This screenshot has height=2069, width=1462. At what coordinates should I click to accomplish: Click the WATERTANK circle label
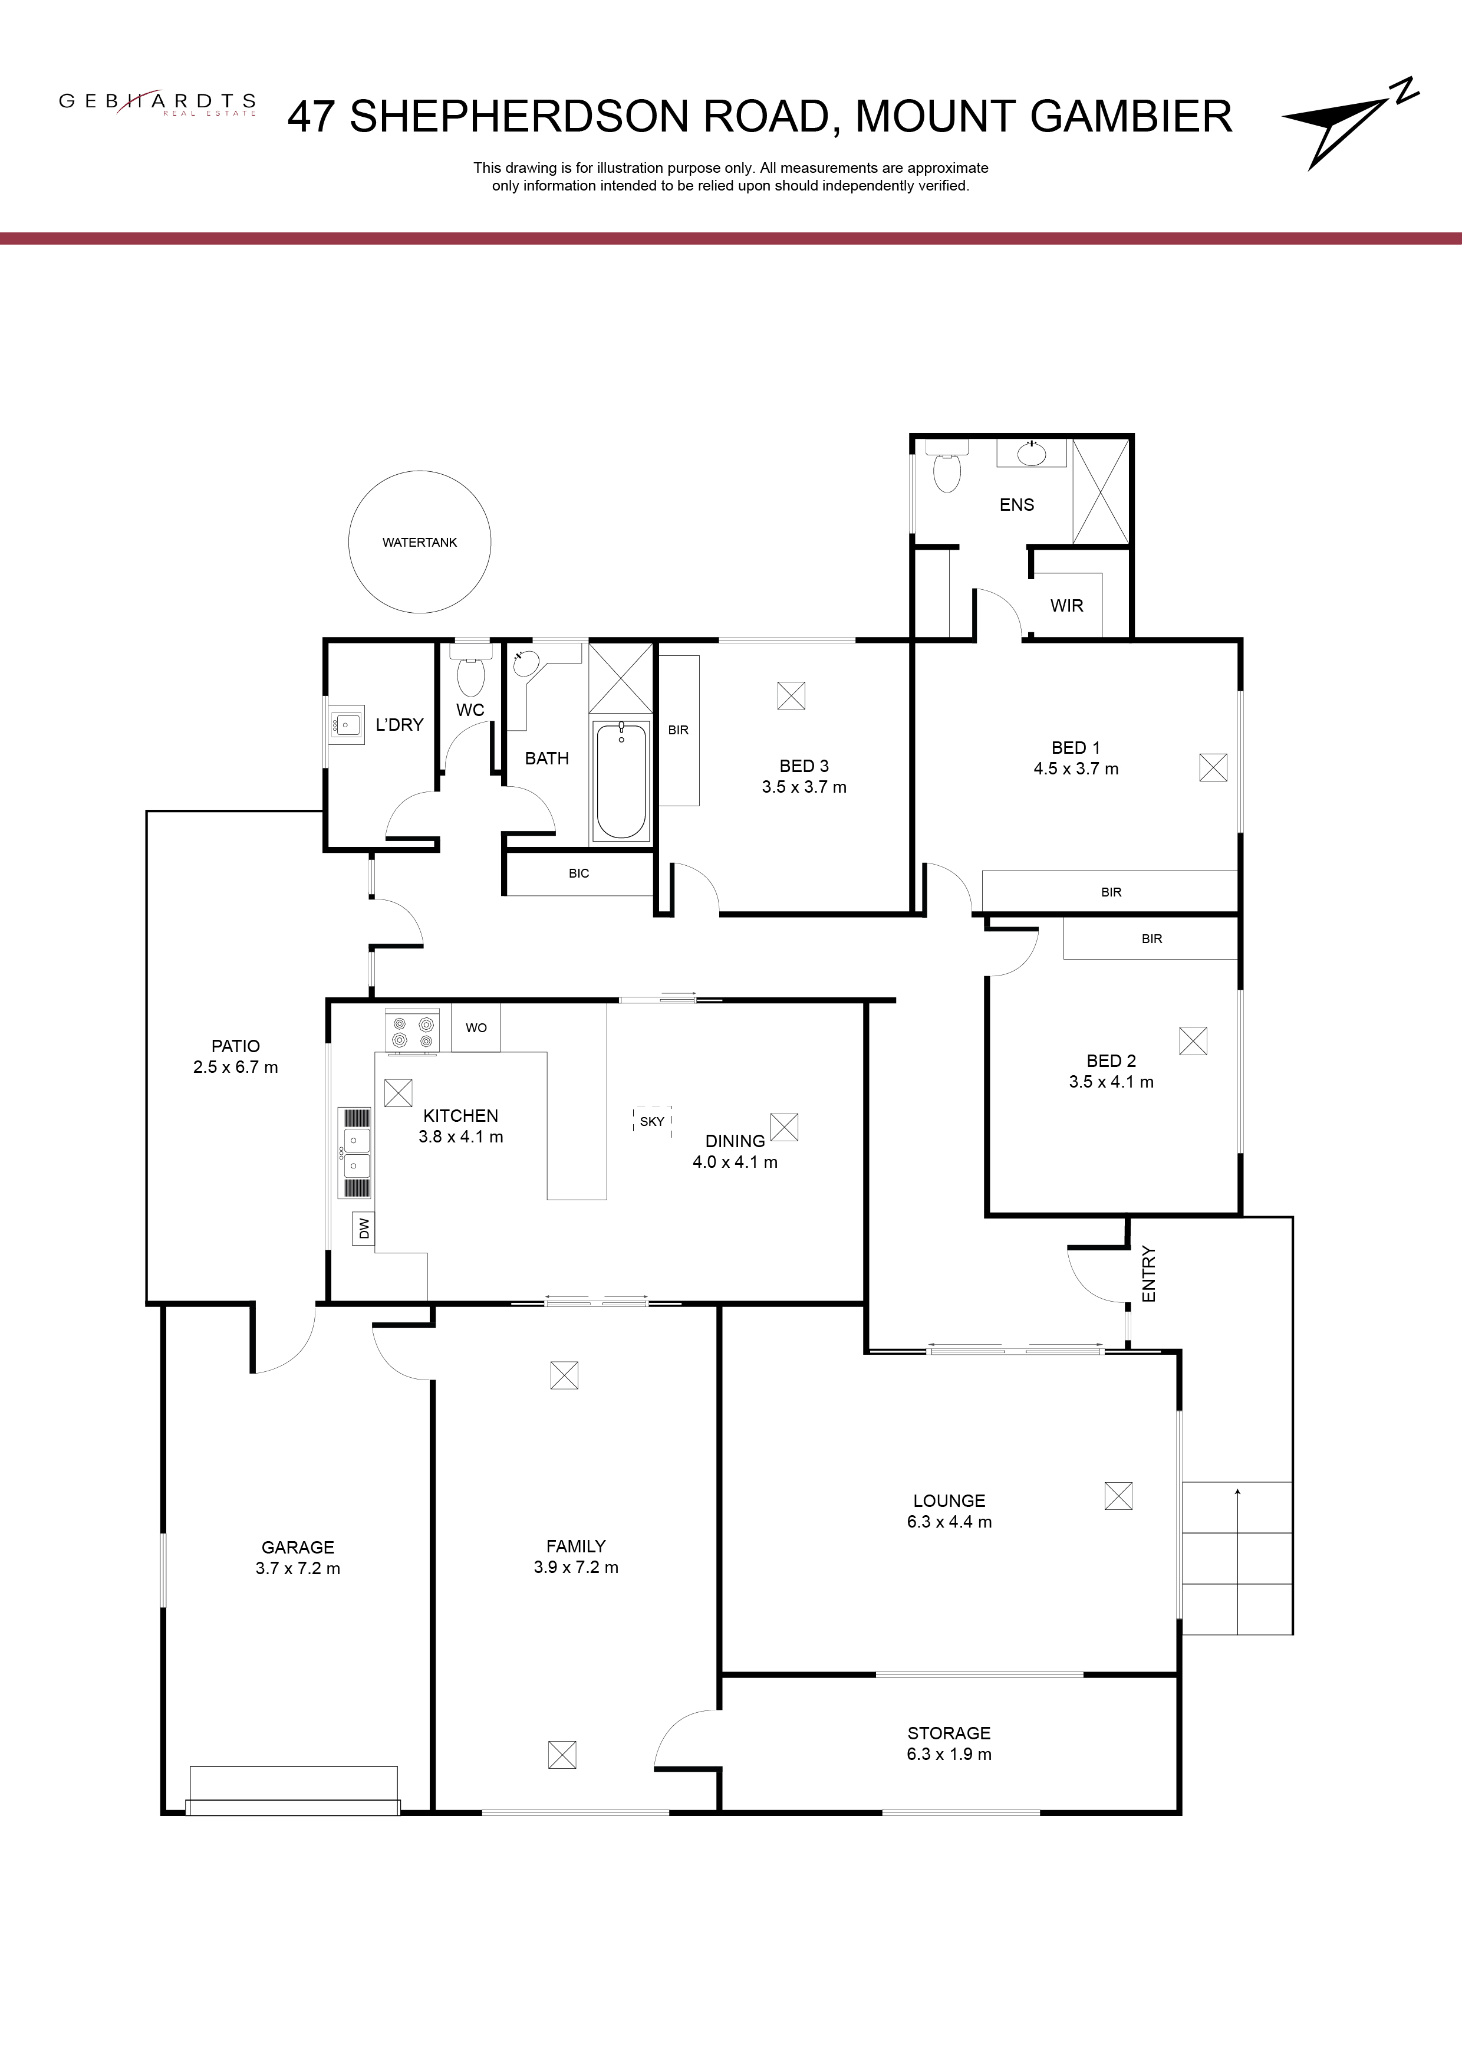click(x=420, y=543)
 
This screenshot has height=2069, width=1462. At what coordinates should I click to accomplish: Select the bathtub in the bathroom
click(x=621, y=780)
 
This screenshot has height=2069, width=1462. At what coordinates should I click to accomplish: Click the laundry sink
click(x=346, y=724)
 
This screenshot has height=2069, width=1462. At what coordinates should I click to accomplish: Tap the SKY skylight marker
click(x=652, y=1121)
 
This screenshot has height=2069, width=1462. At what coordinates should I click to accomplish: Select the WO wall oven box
click(x=476, y=1027)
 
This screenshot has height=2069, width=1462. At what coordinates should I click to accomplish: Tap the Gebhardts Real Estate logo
click(x=157, y=103)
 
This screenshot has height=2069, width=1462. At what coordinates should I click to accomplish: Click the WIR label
click(x=1066, y=606)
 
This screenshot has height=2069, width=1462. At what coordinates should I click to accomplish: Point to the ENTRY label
click(x=1148, y=1273)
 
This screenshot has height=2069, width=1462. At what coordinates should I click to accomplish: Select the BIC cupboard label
click(x=578, y=873)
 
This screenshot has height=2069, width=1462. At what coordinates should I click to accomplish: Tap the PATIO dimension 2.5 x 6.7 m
click(x=236, y=1067)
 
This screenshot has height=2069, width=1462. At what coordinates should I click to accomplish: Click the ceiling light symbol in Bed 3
click(x=791, y=696)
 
